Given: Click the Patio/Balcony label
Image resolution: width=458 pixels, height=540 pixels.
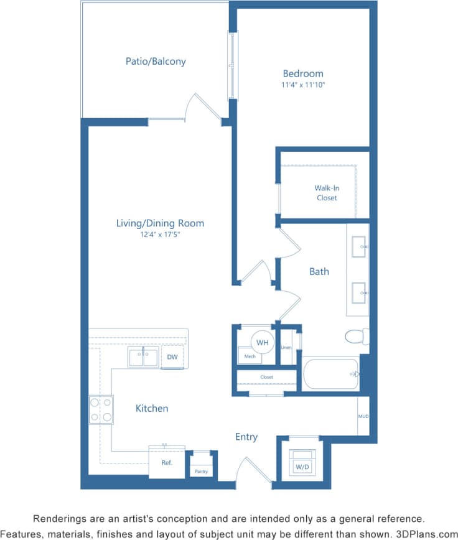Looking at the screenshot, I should (x=156, y=62).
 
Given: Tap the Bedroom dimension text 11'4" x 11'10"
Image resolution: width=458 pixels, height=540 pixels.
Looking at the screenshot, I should (x=303, y=85).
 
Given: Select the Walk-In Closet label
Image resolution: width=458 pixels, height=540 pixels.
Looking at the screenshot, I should (x=326, y=193).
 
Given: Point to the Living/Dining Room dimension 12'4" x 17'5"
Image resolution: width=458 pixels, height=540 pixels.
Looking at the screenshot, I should (x=160, y=235).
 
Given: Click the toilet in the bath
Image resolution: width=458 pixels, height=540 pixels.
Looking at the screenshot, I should (x=357, y=336).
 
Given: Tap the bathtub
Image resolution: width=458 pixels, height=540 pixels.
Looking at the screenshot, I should (x=330, y=373).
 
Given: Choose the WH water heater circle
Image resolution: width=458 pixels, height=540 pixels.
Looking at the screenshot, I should (x=263, y=342).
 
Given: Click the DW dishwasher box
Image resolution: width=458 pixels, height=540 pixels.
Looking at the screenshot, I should (x=172, y=357).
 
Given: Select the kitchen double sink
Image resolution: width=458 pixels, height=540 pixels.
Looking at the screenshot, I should (x=144, y=358).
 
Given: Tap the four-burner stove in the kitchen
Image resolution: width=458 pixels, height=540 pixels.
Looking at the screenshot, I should (x=101, y=409).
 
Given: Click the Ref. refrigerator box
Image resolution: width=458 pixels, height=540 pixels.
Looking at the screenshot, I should (x=167, y=463).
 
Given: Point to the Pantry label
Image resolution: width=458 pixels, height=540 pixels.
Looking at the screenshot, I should (x=201, y=472).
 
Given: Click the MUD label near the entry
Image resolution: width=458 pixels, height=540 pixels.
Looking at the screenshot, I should (x=363, y=416).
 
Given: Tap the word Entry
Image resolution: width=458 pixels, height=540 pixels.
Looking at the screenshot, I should (x=246, y=437).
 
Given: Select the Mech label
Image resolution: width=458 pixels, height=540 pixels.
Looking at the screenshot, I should (x=250, y=356).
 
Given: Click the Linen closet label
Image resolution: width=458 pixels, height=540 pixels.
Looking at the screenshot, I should (x=286, y=347).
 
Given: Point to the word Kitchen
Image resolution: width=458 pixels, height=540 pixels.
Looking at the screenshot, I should (x=152, y=408).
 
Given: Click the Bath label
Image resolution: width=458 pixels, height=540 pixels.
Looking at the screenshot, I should (x=319, y=271).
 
